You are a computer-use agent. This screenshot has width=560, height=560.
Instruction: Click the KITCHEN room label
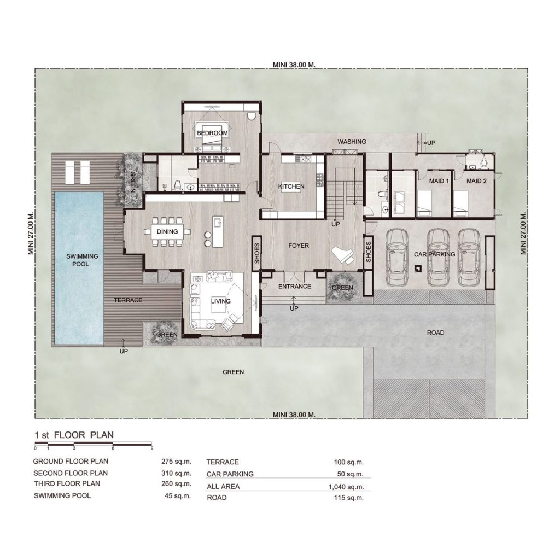pyautogui.click(x=291, y=186)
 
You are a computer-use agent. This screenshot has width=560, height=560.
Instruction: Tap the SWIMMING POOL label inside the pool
pyautogui.click(x=82, y=260)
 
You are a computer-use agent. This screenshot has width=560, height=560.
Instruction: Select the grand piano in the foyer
pyautogui.click(x=343, y=255)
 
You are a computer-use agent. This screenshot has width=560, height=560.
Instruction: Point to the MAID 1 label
pyautogui.click(x=439, y=181)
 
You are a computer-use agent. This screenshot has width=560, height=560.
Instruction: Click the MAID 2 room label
pyautogui.click(x=476, y=181)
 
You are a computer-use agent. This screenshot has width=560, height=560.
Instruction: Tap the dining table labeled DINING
pyautogui.click(x=167, y=232)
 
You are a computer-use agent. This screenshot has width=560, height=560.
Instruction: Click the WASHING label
pyautogui.click(x=352, y=142)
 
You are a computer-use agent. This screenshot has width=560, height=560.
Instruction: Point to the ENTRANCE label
pyautogui.click(x=295, y=287)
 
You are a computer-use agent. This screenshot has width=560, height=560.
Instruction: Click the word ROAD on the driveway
pyautogui.click(x=435, y=332)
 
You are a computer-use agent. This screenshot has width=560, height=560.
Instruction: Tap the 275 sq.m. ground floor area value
pyautogui.click(x=176, y=462)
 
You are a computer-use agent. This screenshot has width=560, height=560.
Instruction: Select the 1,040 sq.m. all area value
pyautogui.click(x=346, y=487)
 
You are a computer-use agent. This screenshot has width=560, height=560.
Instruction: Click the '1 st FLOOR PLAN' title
pyautogui.click(x=74, y=435)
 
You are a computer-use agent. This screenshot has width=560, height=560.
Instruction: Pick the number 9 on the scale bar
pyautogui.click(x=152, y=448)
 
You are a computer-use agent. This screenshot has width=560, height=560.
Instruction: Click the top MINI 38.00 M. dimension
pyautogui.click(x=294, y=65)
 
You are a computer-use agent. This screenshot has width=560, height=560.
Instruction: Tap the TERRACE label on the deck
pyautogui.click(x=128, y=300)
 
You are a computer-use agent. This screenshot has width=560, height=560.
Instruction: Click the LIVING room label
pyautogui.click(x=220, y=301)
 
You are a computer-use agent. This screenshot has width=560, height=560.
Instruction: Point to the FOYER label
pyautogui.click(x=299, y=246)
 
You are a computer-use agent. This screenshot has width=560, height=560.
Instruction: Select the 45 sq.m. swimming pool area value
pyautogui.click(x=178, y=495)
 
